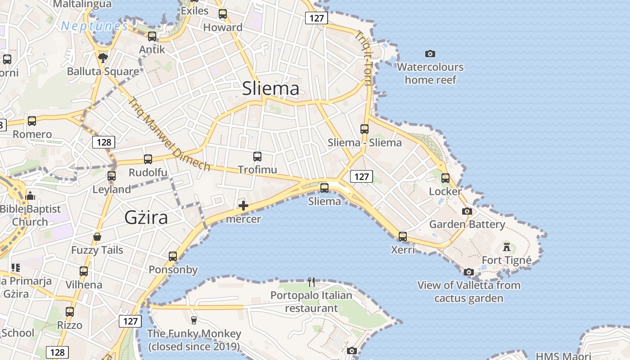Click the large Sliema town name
270,88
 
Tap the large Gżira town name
146,218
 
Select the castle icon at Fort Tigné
507,247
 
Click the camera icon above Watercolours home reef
430,54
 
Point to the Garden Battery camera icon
467,211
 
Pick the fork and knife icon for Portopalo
311,282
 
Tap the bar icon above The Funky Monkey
194,320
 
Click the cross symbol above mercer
243,206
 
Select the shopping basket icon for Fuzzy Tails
97,237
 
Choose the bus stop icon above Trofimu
257,157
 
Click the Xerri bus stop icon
402,236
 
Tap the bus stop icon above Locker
445,178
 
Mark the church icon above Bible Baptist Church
30,196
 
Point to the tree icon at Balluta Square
103,58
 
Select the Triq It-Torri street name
364,58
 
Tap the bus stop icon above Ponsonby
173,256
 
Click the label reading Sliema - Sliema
364,143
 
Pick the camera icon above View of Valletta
468,272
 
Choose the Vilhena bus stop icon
84,271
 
